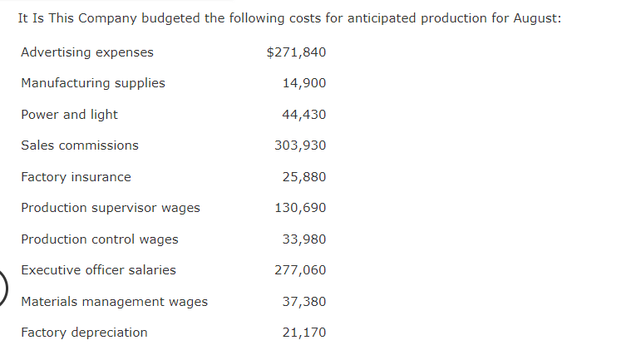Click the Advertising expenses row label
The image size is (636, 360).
tap(87, 52)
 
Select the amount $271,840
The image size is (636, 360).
tap(296, 52)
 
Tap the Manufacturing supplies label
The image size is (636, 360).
tap(93, 83)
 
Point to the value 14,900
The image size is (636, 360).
tap(304, 83)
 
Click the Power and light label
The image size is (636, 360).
tap(69, 115)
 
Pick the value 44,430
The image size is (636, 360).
tap(304, 115)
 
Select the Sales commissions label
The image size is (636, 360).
tap(80, 145)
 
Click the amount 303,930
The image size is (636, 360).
tap(300, 145)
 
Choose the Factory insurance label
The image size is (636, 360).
tap(76, 177)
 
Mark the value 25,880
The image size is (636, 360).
tap(304, 177)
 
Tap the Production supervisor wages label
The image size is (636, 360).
tap(111, 208)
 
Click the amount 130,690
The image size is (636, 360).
tap(300, 208)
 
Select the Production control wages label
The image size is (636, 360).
tap(100, 239)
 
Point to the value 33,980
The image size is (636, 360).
tap(304, 239)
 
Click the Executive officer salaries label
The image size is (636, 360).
tap(98, 270)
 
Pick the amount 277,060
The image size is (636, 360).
tap(300, 270)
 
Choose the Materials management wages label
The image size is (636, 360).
tap(115, 302)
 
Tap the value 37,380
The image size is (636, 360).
tap(304, 302)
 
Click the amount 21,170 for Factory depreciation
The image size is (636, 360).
tap(304, 333)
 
